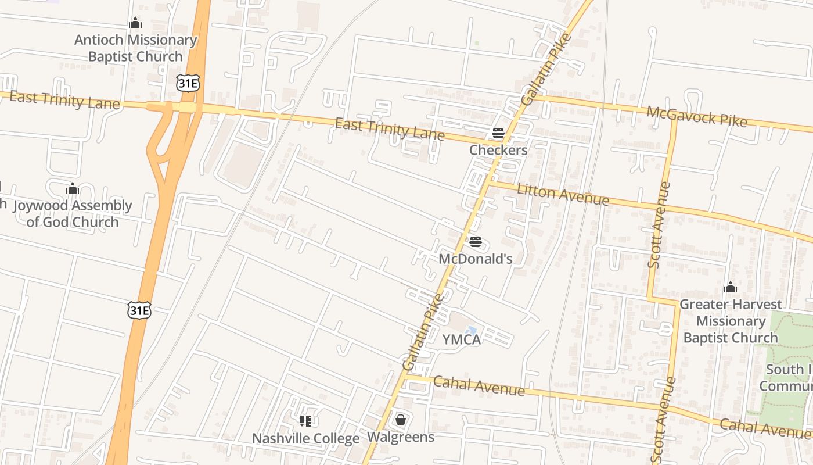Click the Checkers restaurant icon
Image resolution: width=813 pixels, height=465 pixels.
click(498, 133)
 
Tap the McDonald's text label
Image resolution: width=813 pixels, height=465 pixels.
click(475, 259)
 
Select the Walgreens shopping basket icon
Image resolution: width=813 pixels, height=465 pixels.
click(400, 420)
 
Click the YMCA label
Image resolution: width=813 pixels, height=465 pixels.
click(462, 339)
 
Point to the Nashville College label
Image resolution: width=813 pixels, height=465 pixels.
click(305, 438)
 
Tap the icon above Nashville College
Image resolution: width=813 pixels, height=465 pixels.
click(305, 421)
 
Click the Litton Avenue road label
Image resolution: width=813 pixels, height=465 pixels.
click(563, 194)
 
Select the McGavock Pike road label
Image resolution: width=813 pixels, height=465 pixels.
click(696, 116)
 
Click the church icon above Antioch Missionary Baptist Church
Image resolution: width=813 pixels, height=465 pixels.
click(135, 23)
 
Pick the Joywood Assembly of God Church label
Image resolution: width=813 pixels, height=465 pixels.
click(73, 213)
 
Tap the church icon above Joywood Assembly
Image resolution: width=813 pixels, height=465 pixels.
click(73, 188)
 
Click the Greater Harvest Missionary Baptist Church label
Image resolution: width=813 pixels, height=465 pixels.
click(731, 321)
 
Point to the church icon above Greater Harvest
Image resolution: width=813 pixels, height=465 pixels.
click(731, 287)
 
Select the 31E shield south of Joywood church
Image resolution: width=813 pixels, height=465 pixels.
click(139, 310)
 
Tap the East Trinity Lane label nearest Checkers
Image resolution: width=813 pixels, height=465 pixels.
click(390, 129)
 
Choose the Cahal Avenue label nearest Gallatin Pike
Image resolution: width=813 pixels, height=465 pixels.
click(479, 386)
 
